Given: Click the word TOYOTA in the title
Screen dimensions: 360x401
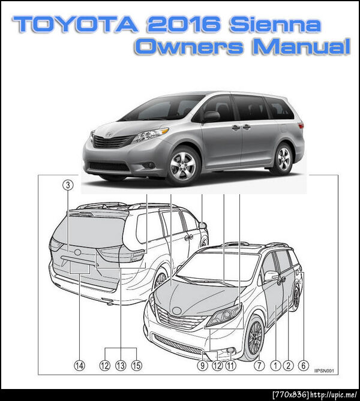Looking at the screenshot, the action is [x=76, y=24].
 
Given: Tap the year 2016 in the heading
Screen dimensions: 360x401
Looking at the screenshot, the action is [x=184, y=24].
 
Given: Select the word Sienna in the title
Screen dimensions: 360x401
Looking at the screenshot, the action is [x=275, y=24].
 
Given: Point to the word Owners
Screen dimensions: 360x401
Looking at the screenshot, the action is [x=189, y=46].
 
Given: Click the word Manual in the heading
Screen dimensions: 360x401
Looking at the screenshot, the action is [x=301, y=46].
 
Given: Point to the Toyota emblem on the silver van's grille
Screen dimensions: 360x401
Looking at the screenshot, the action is [x=109, y=134].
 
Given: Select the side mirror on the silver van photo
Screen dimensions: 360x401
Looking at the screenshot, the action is [x=211, y=116].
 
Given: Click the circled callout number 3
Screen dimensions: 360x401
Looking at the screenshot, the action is [x=68, y=185].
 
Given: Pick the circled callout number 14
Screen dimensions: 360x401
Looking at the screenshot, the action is [x=79, y=366].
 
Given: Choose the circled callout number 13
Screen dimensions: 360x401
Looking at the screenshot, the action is [x=121, y=366].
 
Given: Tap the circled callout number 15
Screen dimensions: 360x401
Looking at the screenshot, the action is [x=136, y=366].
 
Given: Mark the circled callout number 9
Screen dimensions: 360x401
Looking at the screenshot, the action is [x=202, y=366].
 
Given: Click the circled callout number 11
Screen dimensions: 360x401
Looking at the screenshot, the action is [x=230, y=366].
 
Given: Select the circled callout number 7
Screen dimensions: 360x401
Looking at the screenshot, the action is [x=259, y=366].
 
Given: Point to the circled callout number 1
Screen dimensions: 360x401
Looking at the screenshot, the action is [x=276, y=366].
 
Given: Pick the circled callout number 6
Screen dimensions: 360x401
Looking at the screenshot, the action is [x=304, y=366].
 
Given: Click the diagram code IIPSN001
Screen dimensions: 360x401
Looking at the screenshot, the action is [x=324, y=371].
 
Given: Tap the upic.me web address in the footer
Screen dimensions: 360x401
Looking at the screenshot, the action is [x=334, y=395].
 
